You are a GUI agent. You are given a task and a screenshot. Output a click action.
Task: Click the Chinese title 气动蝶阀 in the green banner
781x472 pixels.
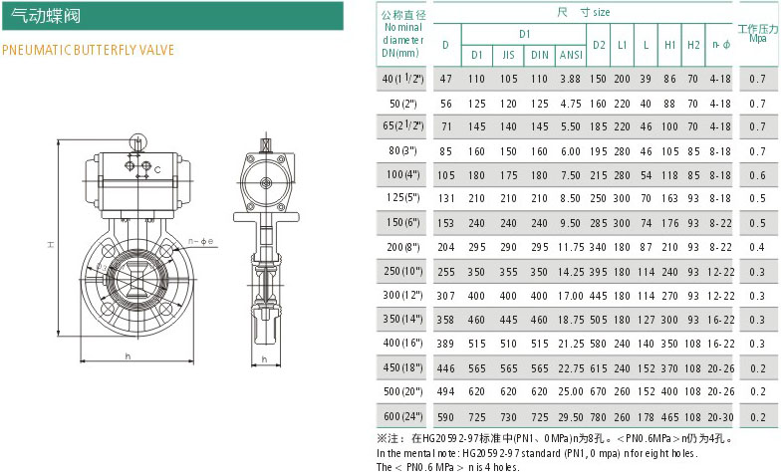pyautogui.click(x=46, y=16)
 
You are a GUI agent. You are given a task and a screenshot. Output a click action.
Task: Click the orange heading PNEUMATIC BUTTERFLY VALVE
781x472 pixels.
pyautogui.click(x=88, y=50)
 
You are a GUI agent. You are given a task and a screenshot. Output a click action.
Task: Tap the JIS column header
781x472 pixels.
pyautogui.click(x=508, y=55)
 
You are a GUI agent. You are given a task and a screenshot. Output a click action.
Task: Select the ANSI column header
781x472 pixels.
pyautogui.click(x=571, y=55)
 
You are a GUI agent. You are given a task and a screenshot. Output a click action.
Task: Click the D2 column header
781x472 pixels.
pyautogui.click(x=599, y=45)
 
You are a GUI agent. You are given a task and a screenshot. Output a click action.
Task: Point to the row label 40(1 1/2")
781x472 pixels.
pyautogui.click(x=402, y=78)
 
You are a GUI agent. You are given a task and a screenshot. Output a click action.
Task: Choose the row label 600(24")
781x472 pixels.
pyautogui.click(x=402, y=416)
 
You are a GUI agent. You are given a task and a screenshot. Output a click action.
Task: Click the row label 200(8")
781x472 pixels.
pyautogui.click(x=402, y=247)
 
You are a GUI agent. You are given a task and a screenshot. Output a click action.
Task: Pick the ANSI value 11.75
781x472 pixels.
pyautogui.click(x=570, y=247)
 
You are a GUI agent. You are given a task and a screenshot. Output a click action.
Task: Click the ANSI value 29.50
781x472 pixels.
pyautogui.click(x=570, y=417)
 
